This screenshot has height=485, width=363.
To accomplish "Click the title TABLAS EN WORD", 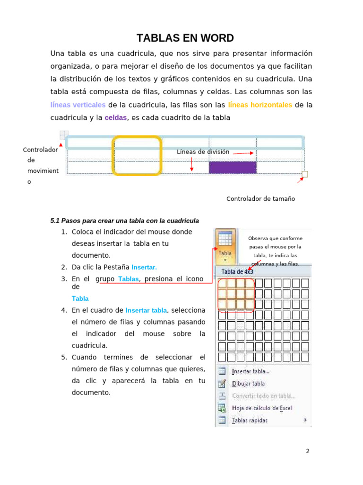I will tap(185, 38).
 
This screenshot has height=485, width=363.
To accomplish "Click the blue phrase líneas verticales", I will tap(78, 105).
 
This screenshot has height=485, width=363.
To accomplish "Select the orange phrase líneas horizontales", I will tap(260, 105).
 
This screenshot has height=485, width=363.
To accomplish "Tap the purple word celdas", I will tap(116, 117).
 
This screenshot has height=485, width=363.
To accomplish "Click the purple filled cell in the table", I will tap(233, 167).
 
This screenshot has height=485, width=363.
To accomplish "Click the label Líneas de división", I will tap(203, 152).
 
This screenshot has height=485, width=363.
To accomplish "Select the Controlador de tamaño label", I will tap(260, 198).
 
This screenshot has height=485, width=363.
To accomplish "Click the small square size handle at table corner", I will tap(305, 174).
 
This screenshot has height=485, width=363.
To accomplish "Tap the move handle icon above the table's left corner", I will tap(64, 135).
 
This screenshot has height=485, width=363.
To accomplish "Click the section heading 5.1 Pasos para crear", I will tap(124, 221).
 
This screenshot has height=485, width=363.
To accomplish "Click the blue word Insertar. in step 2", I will tap(144, 267).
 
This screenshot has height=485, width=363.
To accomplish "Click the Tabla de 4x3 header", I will tap(237, 272).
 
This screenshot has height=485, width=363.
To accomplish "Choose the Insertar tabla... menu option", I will tap(251, 371).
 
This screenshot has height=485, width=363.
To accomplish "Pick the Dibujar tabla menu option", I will tap(248, 384).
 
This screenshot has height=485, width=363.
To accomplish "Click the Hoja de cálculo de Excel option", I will tap(262, 408).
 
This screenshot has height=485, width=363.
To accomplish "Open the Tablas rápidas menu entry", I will tap(250, 420).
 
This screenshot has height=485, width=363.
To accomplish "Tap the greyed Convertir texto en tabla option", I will tap(263, 396).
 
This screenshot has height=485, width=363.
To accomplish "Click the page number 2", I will tap(308, 451).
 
